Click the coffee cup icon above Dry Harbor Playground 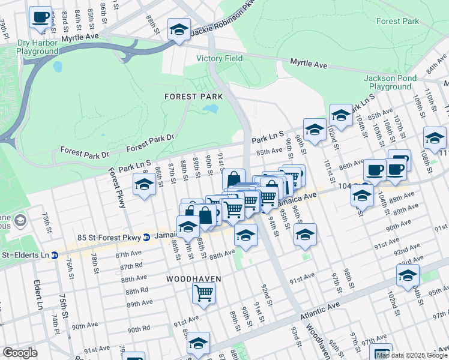click(41, 17)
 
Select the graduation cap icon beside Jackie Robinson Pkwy click(179, 29)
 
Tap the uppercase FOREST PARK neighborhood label click(194, 97)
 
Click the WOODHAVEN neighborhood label click(194, 280)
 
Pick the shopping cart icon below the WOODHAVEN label click(204, 293)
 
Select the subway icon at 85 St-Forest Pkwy click(146, 238)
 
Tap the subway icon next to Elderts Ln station click(54, 255)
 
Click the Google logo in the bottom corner click(20, 353)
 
